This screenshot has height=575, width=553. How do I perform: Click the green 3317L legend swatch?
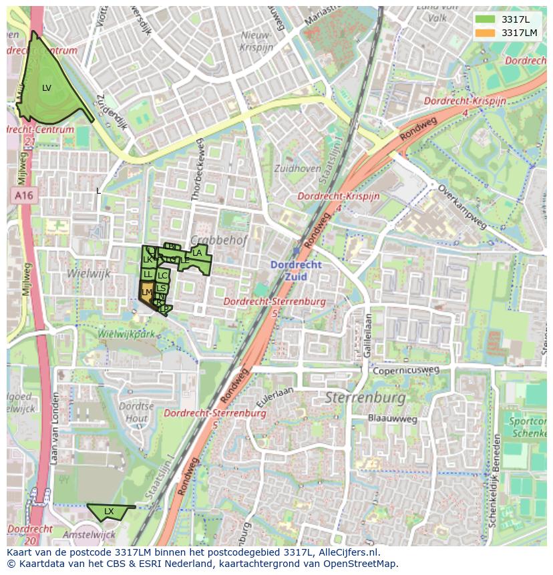pyautogui.click(x=486, y=19)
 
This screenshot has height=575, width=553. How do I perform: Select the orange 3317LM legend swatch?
pyautogui.click(x=486, y=33)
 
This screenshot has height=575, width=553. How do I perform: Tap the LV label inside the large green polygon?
pyautogui.click(x=47, y=87)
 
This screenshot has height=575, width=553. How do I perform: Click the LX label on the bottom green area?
pyautogui.click(x=109, y=512)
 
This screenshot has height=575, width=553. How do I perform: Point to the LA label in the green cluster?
pyautogui.click(x=197, y=253)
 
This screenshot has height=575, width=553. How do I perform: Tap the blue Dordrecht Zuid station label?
pyautogui.click(x=296, y=270)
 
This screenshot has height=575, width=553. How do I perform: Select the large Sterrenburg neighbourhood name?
pyautogui.click(x=365, y=398)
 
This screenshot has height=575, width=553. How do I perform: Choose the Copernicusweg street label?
pyautogui.click(x=407, y=369)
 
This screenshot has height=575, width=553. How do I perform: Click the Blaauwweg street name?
pyautogui.click(x=393, y=419)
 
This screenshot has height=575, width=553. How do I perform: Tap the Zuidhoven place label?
pyautogui.click(x=297, y=169)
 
